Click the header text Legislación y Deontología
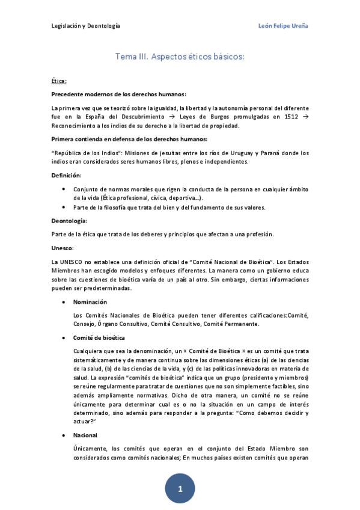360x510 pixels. pos(85,26)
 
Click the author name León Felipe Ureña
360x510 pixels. pos(282,26)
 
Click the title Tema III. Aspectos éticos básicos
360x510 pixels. pos(180,57)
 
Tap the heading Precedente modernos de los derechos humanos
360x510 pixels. pos(118,94)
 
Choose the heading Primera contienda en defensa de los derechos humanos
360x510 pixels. pos(129,139)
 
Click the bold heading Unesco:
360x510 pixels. pos(63,247)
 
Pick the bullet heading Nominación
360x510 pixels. pos(90,301)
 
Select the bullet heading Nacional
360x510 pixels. pos(85,435)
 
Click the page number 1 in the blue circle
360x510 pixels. pos(180,490)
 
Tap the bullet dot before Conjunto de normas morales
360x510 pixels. pos(64,189)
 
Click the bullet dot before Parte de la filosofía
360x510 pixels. pos(64,207)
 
